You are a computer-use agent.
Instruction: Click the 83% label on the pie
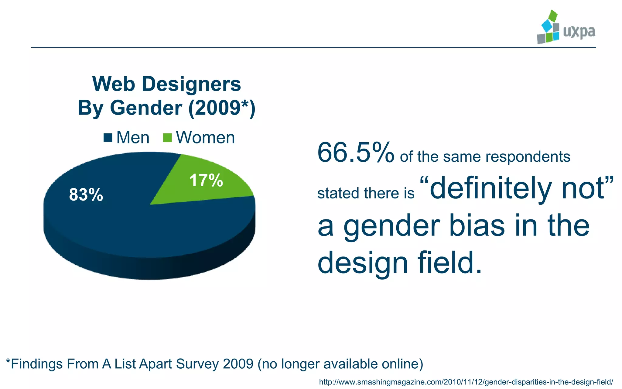click(x=86, y=195)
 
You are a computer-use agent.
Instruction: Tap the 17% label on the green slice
click(x=206, y=180)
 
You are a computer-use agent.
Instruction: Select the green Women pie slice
click(x=194, y=188)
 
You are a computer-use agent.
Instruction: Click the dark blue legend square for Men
click(x=108, y=138)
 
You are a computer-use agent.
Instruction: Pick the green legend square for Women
click(x=167, y=138)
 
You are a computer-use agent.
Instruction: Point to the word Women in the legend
click(x=205, y=138)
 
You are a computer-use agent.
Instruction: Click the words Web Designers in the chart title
click(x=166, y=84)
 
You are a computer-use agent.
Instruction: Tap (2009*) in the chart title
click(x=222, y=108)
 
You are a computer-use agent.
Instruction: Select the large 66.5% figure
click(x=355, y=153)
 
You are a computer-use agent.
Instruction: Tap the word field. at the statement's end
click(x=449, y=263)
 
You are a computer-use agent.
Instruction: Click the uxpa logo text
click(x=579, y=32)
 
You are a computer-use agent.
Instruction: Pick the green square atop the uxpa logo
click(x=553, y=15)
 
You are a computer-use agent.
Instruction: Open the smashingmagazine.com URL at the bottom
click(x=466, y=382)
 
